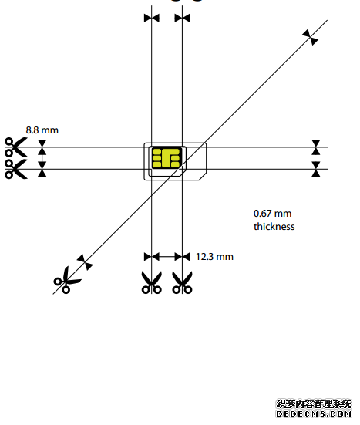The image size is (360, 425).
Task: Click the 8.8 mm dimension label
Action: [42, 130]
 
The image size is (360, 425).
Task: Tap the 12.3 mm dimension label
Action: [214, 257]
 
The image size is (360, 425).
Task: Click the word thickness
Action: [274, 226]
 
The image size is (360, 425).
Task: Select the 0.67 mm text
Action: [273, 214]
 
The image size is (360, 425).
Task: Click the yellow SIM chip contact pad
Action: [167, 158]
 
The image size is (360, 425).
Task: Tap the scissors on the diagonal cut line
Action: [66, 280]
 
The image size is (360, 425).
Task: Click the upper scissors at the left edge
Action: [15, 147]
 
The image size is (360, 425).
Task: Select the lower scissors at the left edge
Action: [15, 169]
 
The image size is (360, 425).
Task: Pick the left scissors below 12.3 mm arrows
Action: [152, 282]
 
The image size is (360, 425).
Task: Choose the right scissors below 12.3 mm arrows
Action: [182, 282]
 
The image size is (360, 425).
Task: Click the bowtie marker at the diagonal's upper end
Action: [311, 37]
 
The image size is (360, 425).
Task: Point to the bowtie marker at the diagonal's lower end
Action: [85, 262]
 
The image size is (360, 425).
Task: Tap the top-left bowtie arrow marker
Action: [152, 19]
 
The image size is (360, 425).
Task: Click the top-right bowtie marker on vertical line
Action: [182, 19]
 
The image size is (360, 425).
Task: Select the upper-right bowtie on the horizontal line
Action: [316, 147]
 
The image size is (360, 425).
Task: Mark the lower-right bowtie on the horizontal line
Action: [316, 169]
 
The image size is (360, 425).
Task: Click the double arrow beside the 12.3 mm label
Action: [167, 256]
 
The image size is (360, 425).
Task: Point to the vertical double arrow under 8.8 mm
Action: [42, 158]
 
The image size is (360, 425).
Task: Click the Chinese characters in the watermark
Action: [314, 404]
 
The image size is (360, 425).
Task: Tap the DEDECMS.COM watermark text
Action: [314, 414]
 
